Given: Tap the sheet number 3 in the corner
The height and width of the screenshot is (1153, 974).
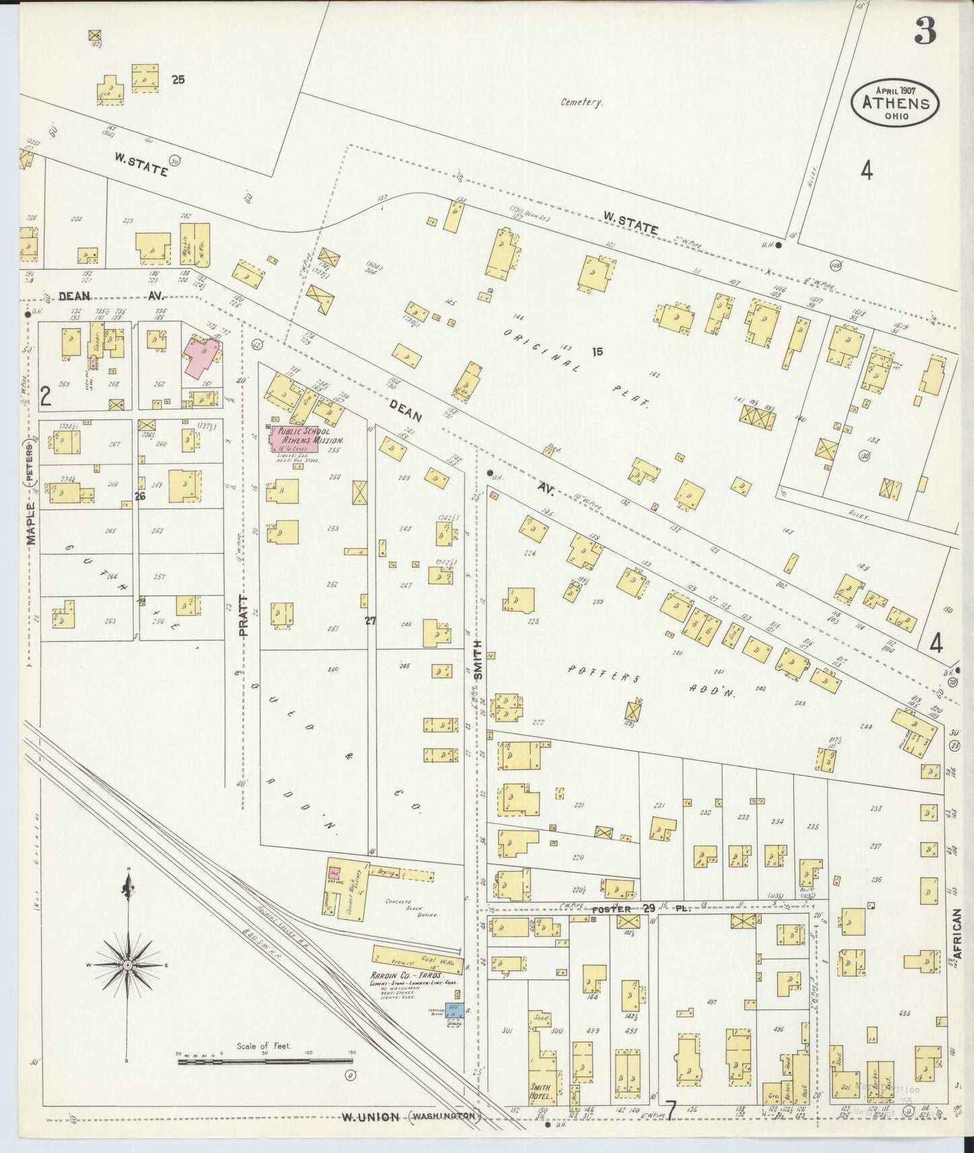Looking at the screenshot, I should (x=926, y=31).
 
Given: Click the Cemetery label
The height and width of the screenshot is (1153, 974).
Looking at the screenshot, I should (x=581, y=103).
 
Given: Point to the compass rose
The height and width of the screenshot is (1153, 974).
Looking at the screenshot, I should (x=127, y=966).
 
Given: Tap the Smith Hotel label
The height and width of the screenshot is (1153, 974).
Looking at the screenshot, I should (x=540, y=1092).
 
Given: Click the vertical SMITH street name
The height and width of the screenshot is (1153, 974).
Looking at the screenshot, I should (x=478, y=659).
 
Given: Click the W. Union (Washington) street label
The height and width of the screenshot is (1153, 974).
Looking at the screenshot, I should (x=410, y=1117).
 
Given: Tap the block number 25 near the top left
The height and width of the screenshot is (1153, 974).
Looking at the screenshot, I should (x=178, y=80).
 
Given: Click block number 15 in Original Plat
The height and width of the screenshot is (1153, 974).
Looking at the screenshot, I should (x=597, y=351).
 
